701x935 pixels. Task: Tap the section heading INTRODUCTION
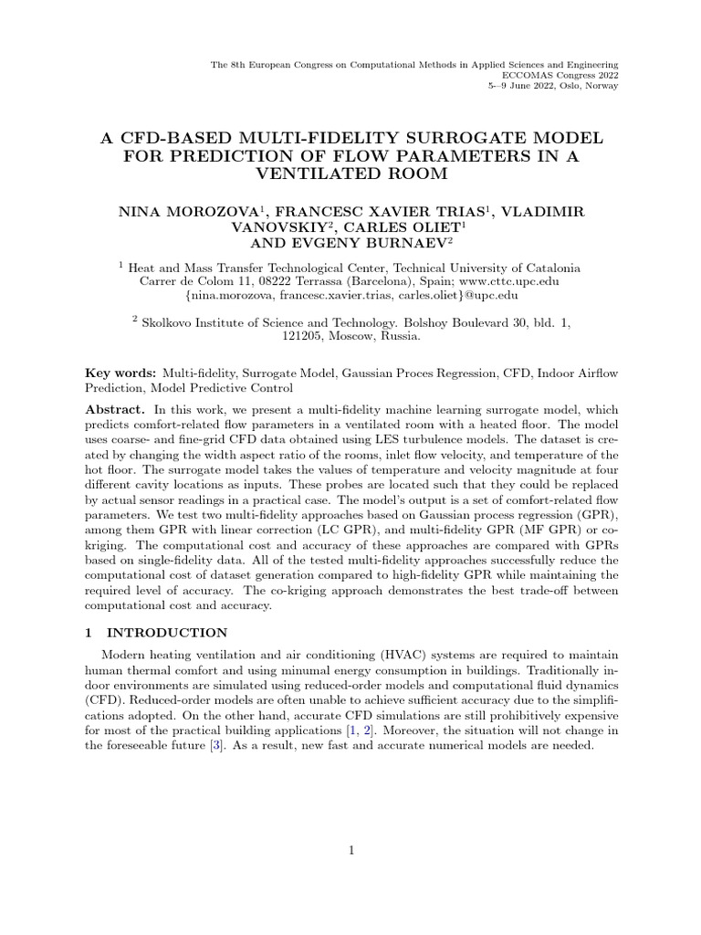coord(167,632)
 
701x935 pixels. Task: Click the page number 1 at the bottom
coord(350,851)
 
